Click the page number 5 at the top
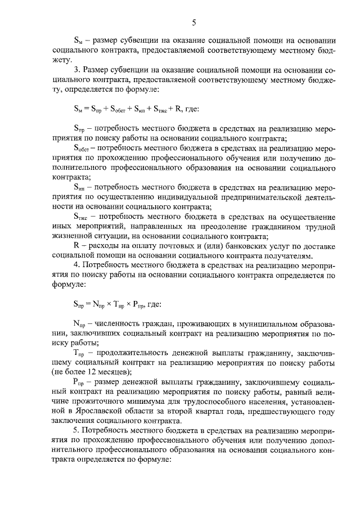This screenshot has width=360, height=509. (194, 23)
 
